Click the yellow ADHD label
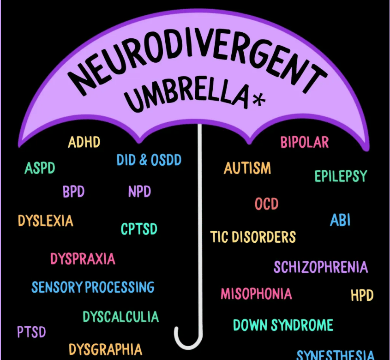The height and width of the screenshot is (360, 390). coord(84,142)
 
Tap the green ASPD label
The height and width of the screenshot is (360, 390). coord(40,168)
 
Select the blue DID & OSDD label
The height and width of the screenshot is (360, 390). coord(149,160)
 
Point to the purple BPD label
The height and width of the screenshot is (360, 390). coord(74,192)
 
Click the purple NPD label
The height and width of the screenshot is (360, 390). coord(139,192)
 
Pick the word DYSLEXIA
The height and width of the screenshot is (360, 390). coord(45,221)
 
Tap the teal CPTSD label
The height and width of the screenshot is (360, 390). coord(139,228)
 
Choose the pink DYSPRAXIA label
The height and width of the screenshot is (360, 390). coord(83,258)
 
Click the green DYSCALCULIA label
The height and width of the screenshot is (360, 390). coord(120,317)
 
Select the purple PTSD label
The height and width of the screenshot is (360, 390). coord(31,331)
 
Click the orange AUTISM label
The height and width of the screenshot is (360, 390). coord(247,168)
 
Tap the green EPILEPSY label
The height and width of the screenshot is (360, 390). coord(341,176)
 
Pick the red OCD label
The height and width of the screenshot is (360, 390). coord(267,204)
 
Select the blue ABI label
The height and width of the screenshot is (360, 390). coord(340,220)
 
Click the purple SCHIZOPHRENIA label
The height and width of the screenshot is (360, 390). coord(320,267)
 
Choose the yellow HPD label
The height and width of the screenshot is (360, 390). coord(362,295)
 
